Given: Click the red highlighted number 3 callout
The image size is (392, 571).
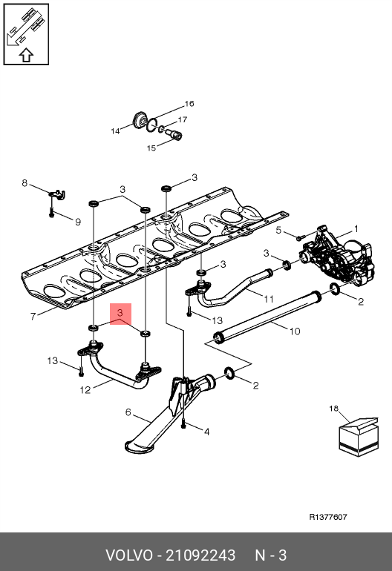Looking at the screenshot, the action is [x=120, y=313].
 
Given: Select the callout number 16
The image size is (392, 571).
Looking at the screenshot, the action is [x=189, y=104].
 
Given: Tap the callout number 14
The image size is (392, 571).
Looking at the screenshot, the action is [x=115, y=131].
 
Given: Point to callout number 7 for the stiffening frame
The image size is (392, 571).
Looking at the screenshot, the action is [x=33, y=317].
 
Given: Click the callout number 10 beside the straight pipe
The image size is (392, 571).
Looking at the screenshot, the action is [x=295, y=331].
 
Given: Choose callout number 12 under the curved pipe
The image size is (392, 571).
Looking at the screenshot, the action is [x=85, y=390].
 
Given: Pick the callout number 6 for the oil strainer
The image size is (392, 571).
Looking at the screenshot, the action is [x=128, y=412].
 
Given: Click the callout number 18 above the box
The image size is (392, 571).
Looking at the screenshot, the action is [x=333, y=409].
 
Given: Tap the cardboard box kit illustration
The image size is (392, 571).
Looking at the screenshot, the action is [x=359, y=436].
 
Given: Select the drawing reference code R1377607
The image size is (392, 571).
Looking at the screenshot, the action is [x=328, y=517].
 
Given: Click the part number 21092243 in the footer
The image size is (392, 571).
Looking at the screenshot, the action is [x=200, y=555].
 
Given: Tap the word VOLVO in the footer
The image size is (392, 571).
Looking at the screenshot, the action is [x=129, y=555].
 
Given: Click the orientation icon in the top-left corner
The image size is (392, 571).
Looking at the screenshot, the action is [x=26, y=34].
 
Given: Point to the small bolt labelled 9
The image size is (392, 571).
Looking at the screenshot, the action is [x=51, y=212].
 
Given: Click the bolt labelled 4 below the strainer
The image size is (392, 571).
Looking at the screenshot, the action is [x=183, y=423].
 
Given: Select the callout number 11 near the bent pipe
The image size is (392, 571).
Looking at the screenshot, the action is [x=269, y=300].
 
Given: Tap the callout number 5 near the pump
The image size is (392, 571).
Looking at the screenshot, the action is [x=278, y=230].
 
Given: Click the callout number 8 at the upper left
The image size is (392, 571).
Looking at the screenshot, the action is [x=24, y=183].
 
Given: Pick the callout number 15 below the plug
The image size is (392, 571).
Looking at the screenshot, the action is [x=151, y=148].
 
